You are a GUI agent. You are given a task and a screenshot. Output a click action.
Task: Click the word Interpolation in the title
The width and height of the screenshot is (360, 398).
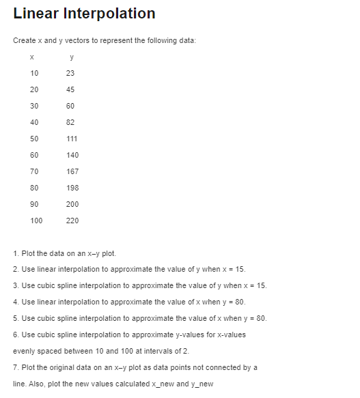(109, 14)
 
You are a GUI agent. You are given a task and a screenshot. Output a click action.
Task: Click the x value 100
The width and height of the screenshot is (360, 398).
(36, 221)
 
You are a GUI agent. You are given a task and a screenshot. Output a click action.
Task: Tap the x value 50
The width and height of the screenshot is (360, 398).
(34, 139)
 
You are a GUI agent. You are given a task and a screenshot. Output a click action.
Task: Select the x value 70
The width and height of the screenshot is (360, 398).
(34, 171)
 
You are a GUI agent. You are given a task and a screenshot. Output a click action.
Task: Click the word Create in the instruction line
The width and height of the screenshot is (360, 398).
(25, 41)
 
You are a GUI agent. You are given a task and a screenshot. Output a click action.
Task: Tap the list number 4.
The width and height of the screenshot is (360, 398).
(15, 302)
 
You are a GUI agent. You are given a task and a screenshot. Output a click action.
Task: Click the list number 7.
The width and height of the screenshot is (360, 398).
(15, 367)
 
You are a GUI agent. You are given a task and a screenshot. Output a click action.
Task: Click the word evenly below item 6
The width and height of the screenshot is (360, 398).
(24, 351)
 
